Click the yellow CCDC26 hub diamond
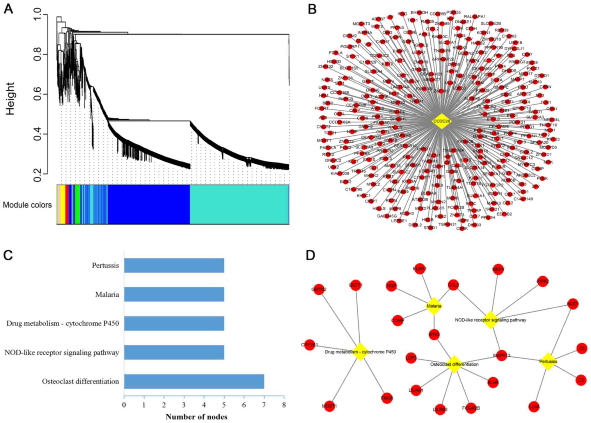click(x=441, y=121)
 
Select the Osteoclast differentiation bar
click(x=194, y=381)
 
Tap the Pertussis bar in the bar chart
click(x=174, y=265)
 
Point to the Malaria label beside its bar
click(x=107, y=295)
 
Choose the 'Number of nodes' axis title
click(x=196, y=417)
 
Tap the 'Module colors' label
click(x=27, y=205)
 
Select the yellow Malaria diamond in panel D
click(x=434, y=306)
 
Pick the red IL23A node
click(x=534, y=407)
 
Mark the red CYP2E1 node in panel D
click(x=310, y=345)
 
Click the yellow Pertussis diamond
click(x=548, y=362)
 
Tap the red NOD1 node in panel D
click(x=573, y=304)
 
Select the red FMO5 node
click(x=387, y=398)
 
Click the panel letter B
click(x=312, y=9)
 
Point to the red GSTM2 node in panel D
click(x=319, y=289)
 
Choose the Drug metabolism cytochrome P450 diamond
click(x=360, y=352)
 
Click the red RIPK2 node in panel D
click(x=542, y=281)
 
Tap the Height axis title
click(x=10, y=99)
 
